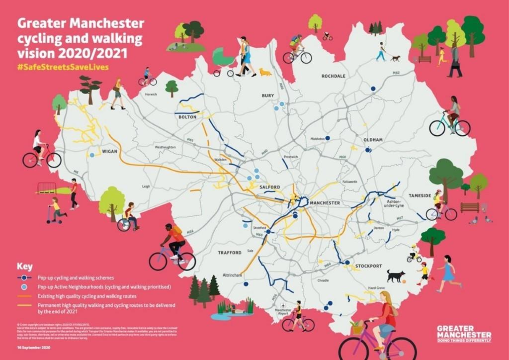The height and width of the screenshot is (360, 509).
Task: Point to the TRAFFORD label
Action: coord(230,253)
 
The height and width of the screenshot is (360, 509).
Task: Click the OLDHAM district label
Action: coord(373,140)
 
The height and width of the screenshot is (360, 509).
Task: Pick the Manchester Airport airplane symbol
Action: coord(283,304)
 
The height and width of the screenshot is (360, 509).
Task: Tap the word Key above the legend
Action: coord(25,266)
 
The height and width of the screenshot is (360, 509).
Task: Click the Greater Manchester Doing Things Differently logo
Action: coord(464,334)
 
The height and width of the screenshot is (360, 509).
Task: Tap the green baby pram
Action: coord(224,61)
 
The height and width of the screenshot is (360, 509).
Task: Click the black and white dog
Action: coord(396,276)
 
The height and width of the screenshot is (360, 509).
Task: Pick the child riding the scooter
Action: coord(56,210)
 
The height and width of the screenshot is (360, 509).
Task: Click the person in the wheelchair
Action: coord(129,218)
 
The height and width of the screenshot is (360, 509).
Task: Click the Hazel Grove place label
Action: coord(376,288)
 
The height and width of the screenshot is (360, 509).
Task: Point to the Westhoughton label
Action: coord(165,148)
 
